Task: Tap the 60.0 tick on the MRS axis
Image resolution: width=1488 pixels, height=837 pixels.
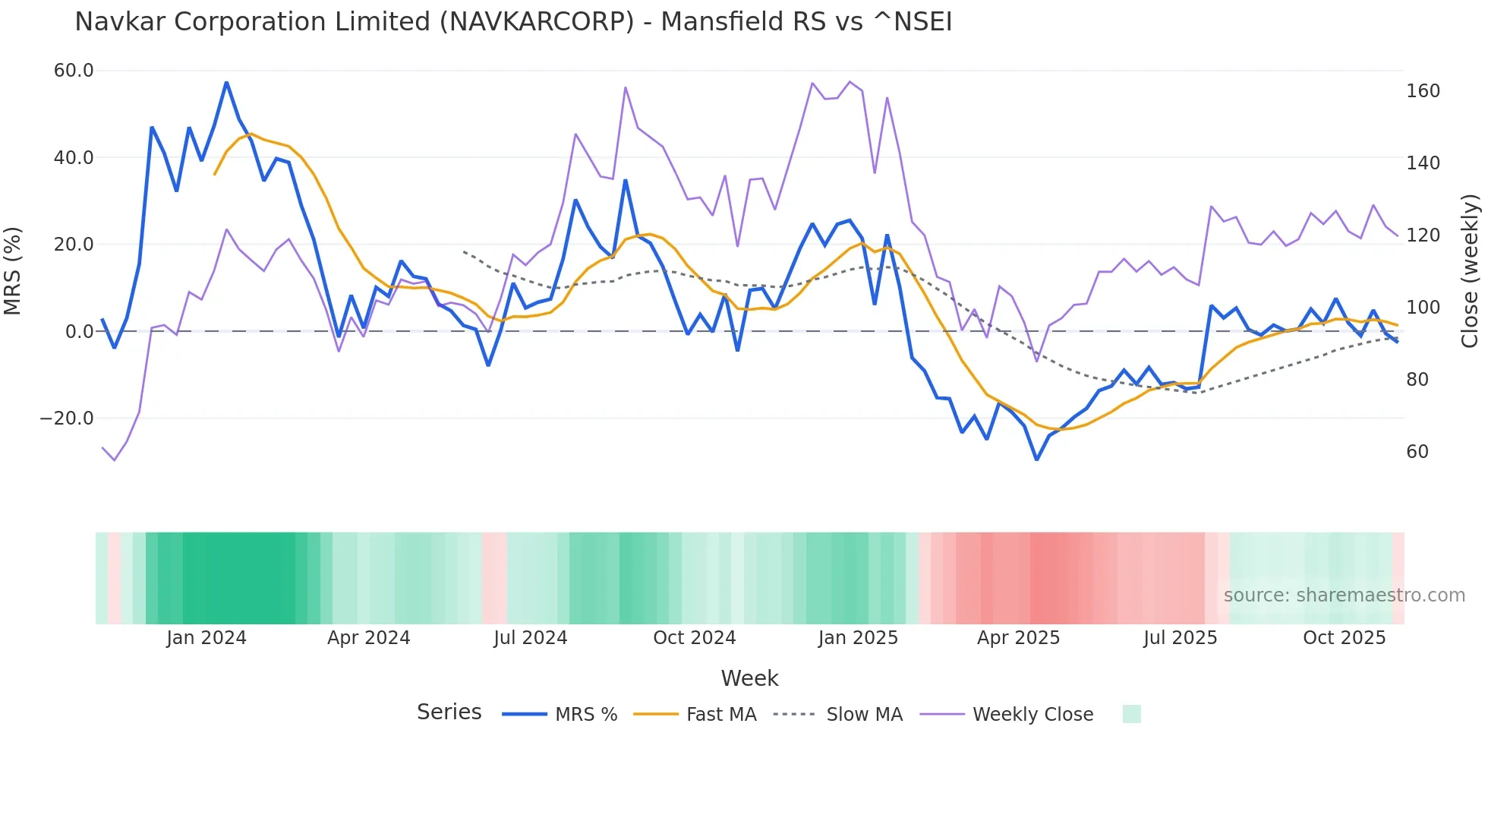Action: pos(74,71)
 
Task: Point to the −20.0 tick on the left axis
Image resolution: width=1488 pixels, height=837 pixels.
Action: pos(67,418)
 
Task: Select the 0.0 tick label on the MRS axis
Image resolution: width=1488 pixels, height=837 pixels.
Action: pos(79,332)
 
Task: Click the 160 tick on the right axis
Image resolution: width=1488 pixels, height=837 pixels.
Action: pos(1423,91)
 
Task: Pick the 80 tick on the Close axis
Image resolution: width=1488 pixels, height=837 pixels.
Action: pos(1417,380)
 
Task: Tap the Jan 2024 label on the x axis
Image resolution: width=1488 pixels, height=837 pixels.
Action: pos(206,638)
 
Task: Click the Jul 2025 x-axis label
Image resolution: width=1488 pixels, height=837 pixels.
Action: pos(1180,638)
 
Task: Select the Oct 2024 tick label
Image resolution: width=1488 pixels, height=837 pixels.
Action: pos(694,638)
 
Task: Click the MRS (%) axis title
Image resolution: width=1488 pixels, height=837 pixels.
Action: pos(13,270)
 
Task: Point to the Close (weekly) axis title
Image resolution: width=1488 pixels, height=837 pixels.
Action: pos(1470,270)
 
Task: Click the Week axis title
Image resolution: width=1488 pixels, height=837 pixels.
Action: pos(749,678)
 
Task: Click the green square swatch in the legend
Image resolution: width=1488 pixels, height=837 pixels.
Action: pos(1131,714)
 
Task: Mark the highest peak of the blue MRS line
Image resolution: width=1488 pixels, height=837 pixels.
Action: pos(226,82)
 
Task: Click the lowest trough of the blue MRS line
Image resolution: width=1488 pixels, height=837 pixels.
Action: pos(1036,460)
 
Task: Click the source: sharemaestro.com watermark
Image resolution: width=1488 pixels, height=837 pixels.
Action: pos(1344,595)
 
